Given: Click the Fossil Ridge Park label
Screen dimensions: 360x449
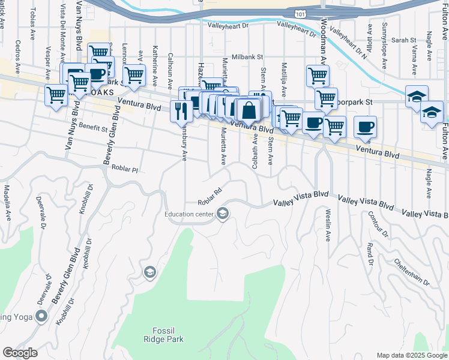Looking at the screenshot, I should tap(163, 334).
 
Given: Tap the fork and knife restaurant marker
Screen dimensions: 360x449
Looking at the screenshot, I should tap(181, 110).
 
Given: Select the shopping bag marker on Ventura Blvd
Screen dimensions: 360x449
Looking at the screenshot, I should tap(249, 111).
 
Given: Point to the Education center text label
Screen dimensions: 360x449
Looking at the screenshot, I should tap(190, 214).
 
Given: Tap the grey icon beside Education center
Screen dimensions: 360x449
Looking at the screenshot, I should tap(223, 214).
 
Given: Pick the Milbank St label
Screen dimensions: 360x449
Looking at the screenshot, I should tap(249, 56).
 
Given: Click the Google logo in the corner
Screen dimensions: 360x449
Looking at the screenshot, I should tap(20, 353).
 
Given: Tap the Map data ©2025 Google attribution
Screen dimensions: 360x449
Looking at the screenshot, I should tap(411, 355).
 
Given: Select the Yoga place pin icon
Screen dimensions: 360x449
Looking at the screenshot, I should tap(41, 316).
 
